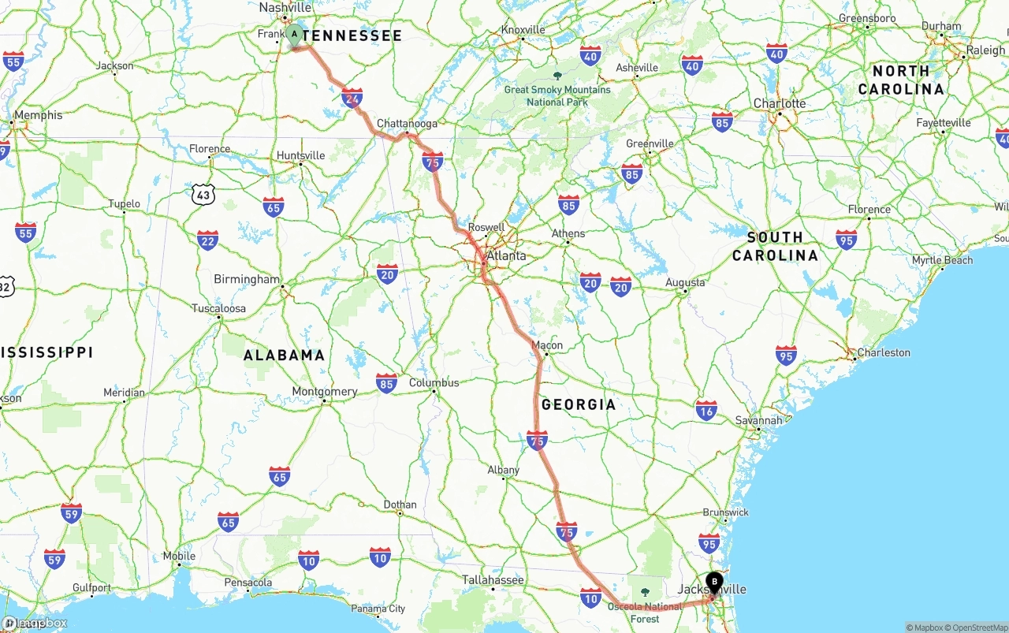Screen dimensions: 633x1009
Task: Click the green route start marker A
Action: coord(294,35)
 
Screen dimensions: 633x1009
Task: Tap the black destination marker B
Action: coord(714,583)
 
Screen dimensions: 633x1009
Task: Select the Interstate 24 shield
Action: coord(352,98)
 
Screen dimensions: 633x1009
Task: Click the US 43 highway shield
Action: coord(203,192)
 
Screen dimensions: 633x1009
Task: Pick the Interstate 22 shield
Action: coord(208,240)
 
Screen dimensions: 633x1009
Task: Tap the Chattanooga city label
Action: coord(407,124)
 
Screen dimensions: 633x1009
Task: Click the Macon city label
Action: coord(547,345)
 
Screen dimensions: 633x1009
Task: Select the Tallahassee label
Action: coord(493,580)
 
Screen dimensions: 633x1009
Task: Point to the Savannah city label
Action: coord(758,420)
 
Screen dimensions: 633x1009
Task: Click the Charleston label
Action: coord(884,352)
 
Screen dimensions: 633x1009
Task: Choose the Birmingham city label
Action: coord(247,279)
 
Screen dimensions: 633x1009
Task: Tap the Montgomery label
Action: coord(325,391)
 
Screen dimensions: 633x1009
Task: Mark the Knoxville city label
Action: coord(523,30)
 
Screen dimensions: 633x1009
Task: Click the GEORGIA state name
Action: coord(579,404)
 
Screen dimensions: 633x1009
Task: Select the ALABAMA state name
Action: coord(284,355)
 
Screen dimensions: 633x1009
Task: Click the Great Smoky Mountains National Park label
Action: coord(557,95)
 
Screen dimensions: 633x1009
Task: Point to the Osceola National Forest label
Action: coord(645,613)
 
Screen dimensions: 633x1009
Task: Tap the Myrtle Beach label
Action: coord(942,260)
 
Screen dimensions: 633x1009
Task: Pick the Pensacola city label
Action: coord(248,583)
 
